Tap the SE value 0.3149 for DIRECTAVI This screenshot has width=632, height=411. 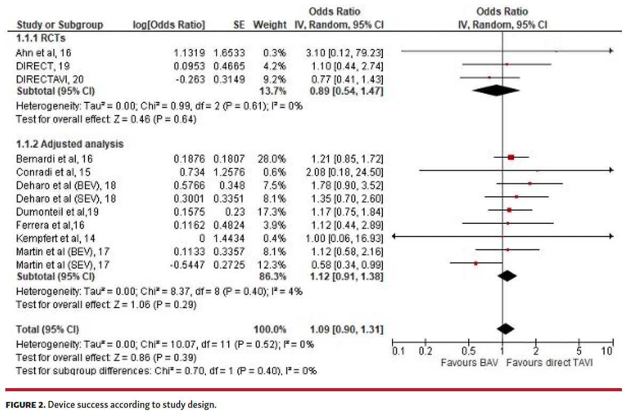point(229,78)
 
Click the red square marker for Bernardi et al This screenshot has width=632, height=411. point(511,157)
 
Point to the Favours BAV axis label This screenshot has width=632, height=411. point(470,362)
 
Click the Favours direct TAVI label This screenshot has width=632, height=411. point(549,362)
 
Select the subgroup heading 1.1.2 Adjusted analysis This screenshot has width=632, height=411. point(70,144)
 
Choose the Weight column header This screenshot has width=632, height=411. point(269,25)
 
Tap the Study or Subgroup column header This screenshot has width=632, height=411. point(60,25)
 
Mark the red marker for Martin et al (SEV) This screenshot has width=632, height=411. point(476,263)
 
